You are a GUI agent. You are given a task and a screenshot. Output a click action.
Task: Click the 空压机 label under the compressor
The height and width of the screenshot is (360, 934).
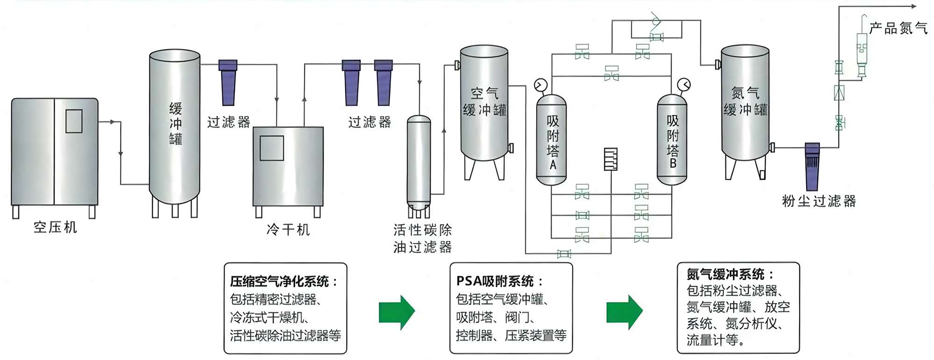55,227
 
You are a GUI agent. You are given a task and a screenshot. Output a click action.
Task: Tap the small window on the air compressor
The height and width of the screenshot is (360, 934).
74,121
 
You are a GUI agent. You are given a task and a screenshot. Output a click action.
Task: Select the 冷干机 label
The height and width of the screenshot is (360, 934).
288,230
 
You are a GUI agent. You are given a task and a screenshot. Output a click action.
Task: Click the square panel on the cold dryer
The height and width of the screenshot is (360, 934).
272,148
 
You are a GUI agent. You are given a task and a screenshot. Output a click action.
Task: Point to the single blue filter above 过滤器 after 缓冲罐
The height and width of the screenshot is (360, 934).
228,83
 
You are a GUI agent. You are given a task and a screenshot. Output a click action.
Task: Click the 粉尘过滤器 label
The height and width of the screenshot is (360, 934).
819,201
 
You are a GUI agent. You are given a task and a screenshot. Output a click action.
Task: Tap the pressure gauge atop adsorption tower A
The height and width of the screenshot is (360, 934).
541,85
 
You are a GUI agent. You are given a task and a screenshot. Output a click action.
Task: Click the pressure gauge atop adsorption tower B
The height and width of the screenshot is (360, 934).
684,85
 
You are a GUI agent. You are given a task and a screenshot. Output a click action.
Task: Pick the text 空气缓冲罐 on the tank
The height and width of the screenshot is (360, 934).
485,102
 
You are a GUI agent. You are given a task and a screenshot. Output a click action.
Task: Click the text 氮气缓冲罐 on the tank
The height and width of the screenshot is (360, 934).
745,102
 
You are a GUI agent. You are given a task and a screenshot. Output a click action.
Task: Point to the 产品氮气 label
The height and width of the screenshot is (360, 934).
898,28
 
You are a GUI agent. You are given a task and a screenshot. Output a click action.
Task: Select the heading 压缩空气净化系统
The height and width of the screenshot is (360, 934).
280,282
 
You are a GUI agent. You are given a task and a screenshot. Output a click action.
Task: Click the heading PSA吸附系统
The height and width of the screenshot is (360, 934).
495,281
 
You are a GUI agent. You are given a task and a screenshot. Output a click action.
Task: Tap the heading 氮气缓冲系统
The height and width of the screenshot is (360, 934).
726,275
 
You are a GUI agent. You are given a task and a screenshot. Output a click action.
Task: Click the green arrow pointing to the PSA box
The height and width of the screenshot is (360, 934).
396,312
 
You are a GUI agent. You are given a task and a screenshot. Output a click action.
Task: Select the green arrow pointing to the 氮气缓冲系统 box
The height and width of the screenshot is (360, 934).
624,312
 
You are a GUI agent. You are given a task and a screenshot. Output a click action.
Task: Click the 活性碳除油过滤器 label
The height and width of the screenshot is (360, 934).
423,238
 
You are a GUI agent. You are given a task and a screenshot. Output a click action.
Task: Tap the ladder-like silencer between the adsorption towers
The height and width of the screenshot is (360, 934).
611,159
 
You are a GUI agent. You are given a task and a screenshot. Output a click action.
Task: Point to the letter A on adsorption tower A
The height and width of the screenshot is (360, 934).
553,165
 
